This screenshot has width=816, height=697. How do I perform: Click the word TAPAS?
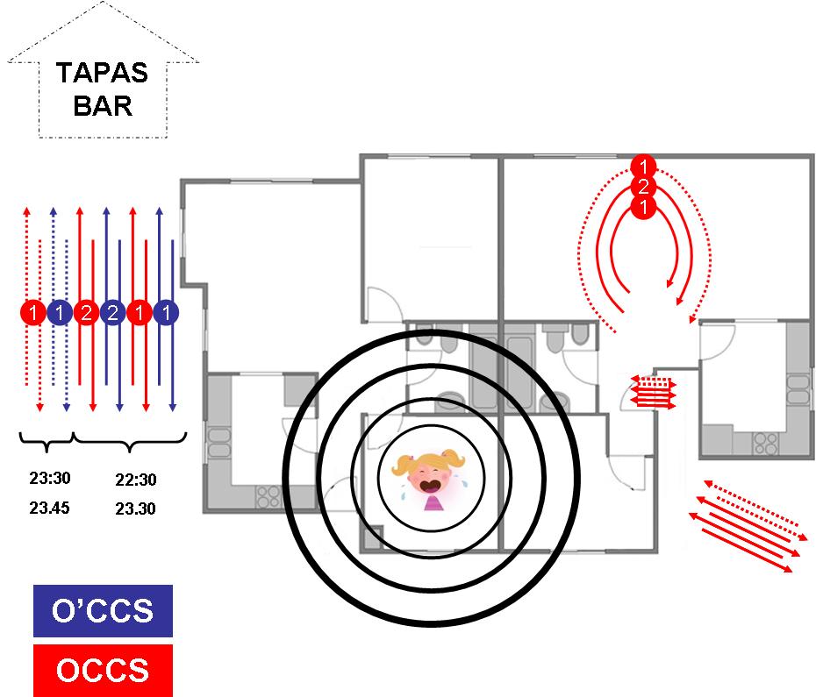tap(103, 73)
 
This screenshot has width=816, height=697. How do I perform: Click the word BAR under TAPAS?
tap(103, 106)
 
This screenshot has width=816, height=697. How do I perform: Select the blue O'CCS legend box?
tap(103, 611)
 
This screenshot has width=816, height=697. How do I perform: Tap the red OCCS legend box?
tap(103, 671)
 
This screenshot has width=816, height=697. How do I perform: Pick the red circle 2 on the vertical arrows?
tap(86, 312)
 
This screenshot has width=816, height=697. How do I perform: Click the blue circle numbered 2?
tap(112, 312)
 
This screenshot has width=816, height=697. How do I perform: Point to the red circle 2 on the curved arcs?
tap(643, 187)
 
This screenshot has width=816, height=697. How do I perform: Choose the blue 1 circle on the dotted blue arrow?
tap(59, 312)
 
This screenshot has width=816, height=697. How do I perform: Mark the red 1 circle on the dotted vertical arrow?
tap(32, 312)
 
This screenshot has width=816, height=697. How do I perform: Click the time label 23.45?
tap(49, 508)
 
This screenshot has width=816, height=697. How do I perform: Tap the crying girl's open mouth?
tap(431, 483)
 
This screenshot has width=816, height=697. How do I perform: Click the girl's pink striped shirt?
tap(433, 502)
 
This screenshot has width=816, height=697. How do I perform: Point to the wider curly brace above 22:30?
tap(132, 443)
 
